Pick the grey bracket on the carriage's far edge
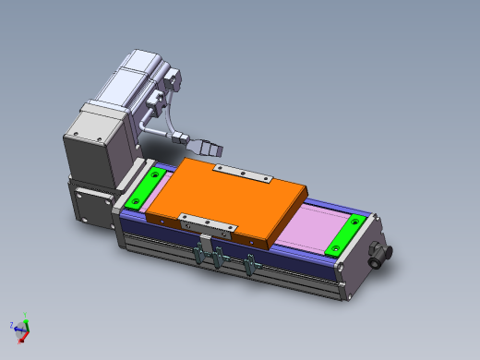(x=242, y=173)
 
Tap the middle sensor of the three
(x=219, y=259)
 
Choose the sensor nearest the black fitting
(x=249, y=265)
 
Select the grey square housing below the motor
(x=92, y=143)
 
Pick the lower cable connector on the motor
(x=159, y=98)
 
